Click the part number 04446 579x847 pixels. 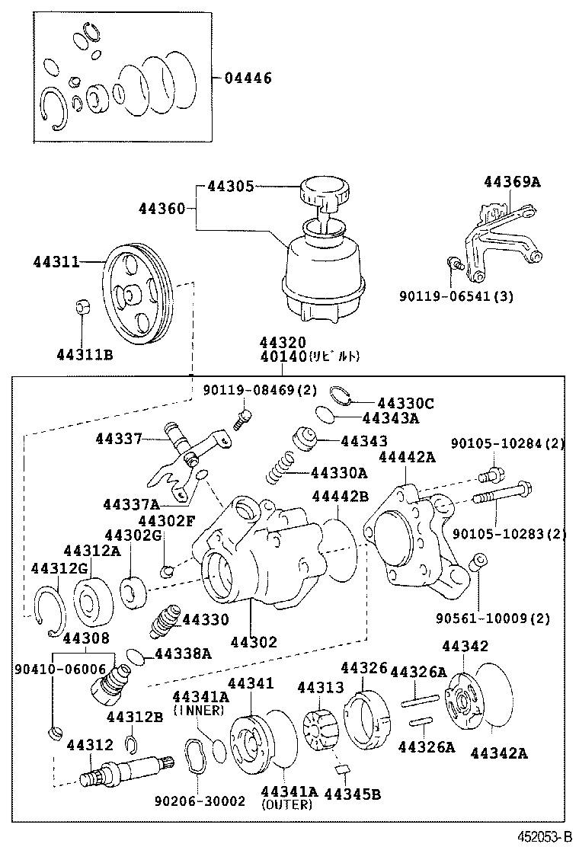tap(247, 78)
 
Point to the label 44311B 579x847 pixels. tap(85, 353)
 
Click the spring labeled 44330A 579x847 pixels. tap(280, 467)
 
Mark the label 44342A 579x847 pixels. tap(499, 753)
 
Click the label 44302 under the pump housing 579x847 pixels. tap(253, 641)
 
